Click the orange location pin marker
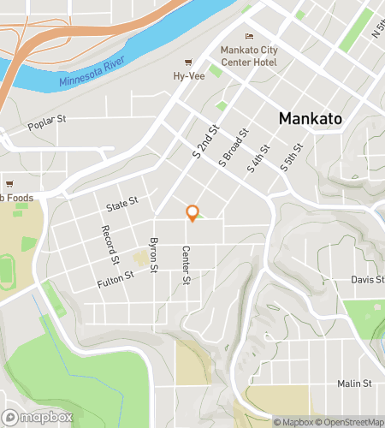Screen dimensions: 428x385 [192, 213]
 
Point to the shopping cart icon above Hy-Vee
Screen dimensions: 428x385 [188, 62]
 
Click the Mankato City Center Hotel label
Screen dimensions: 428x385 [249, 56]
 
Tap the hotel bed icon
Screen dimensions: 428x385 [249, 36]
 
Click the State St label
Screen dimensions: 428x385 [121, 205]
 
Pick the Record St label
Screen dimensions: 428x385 [110, 244]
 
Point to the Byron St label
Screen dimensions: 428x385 [155, 255]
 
